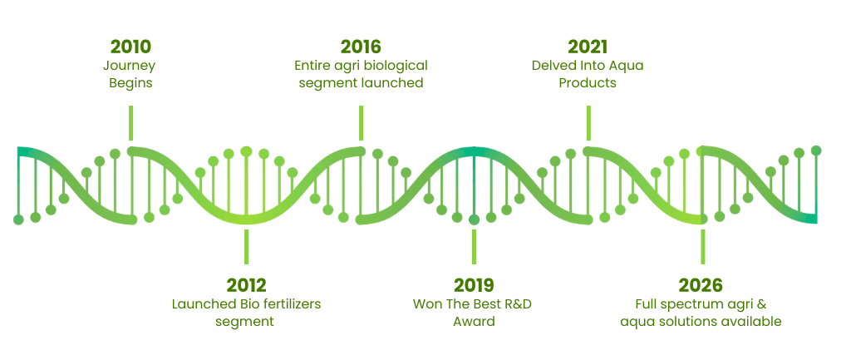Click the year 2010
point(130,47)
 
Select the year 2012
point(246,285)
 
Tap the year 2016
point(361,47)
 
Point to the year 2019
point(474,285)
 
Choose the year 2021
point(588,47)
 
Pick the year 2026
point(701,285)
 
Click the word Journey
point(129,67)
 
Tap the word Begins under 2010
point(130,84)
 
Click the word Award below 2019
point(474,322)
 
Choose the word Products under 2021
point(588,84)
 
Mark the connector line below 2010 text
point(130,123)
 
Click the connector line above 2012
point(246,247)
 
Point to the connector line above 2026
point(703,247)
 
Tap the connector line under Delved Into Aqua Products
point(588,123)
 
